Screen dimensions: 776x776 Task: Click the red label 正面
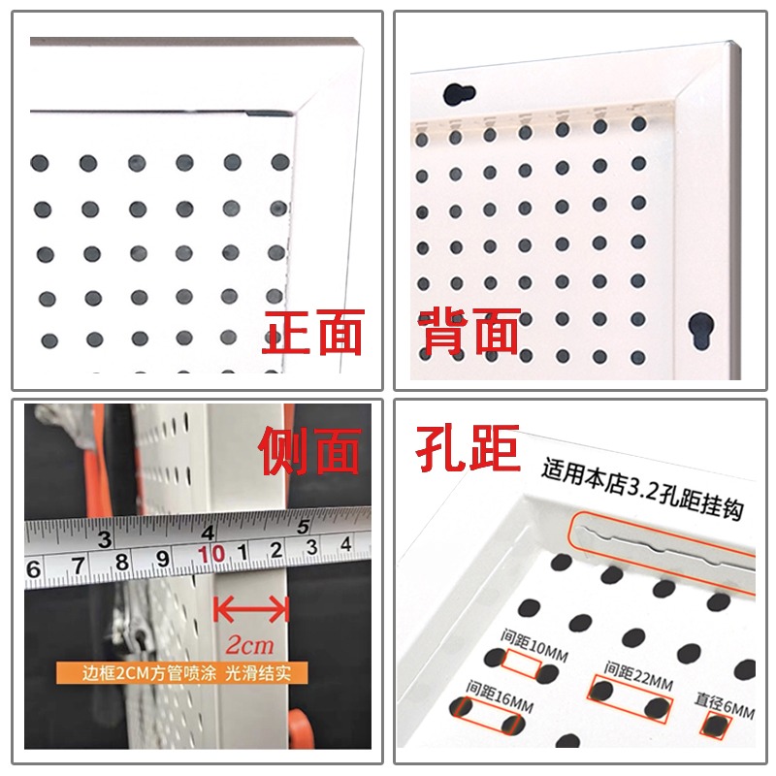pyautogui.click(x=312, y=334)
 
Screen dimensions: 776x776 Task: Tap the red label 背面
pyautogui.click(x=469, y=334)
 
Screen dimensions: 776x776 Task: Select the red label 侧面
pyautogui.click(x=310, y=450)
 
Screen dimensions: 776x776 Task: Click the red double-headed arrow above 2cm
pyautogui.click(x=251, y=609)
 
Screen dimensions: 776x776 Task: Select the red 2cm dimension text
pyautogui.click(x=249, y=643)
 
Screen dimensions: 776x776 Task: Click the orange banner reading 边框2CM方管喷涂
pyautogui.click(x=194, y=672)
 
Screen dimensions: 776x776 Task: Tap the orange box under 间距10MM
pyautogui.click(x=522, y=666)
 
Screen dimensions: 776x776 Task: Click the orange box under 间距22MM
pyautogui.click(x=630, y=698)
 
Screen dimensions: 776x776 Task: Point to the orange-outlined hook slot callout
pyautogui.click(x=660, y=548)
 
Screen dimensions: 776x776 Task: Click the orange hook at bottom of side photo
pyautogui.click(x=303, y=727)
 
